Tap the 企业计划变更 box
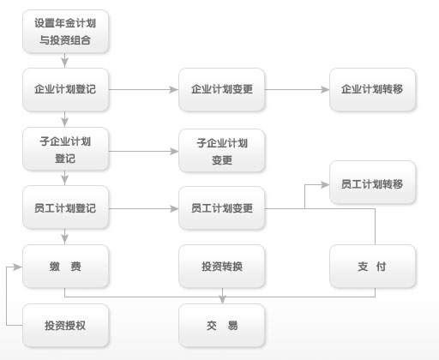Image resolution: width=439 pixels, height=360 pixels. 222,89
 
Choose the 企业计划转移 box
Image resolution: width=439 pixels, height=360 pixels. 372,89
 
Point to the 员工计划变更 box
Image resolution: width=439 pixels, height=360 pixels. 222,207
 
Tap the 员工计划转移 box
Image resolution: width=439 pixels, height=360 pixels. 372,183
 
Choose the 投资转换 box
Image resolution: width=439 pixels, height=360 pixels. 222,267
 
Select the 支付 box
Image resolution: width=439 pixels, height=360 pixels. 372,267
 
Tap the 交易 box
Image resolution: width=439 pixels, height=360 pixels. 222,326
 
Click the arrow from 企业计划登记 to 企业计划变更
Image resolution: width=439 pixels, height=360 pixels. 144,89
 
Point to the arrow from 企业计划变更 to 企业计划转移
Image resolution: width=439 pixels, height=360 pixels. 297,89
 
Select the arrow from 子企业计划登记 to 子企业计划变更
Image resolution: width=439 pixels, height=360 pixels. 144,151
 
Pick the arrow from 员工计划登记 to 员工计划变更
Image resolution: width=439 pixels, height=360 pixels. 144,208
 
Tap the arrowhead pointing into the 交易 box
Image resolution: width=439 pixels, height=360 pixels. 223,300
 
